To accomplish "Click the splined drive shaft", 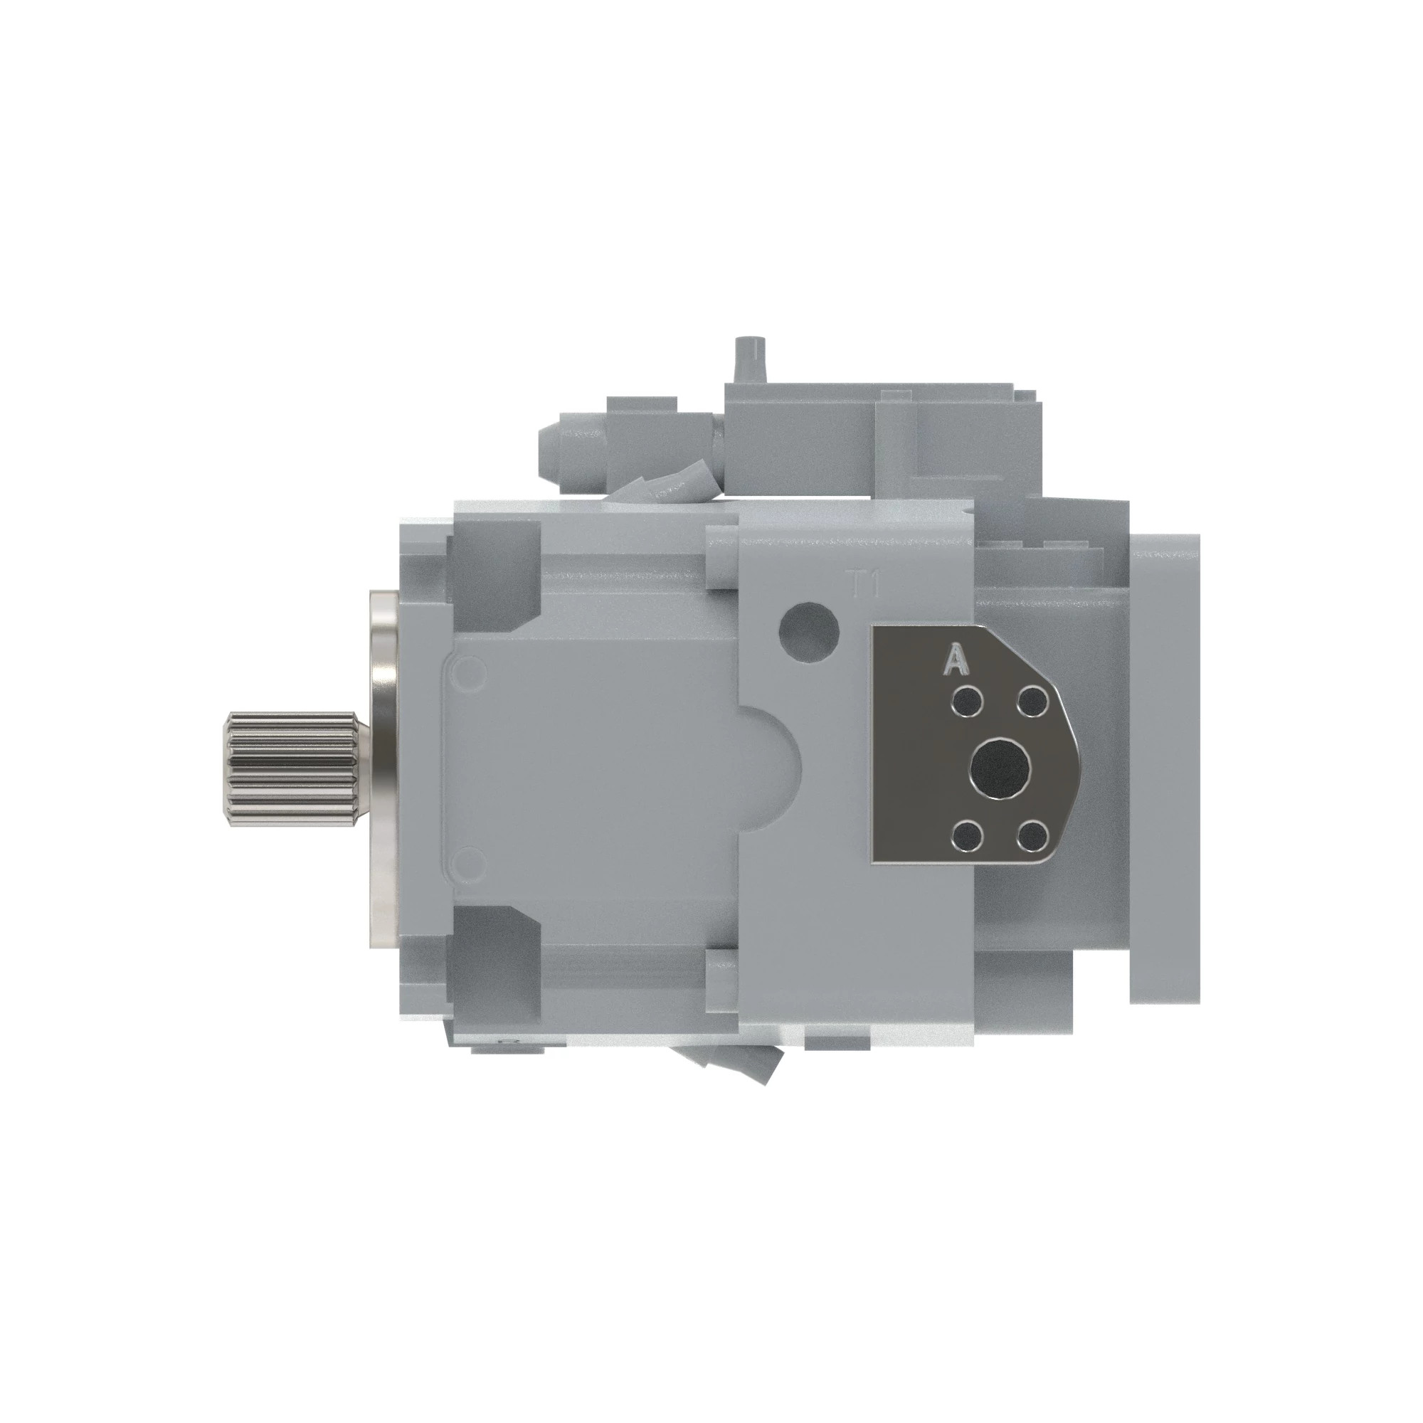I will [291, 768].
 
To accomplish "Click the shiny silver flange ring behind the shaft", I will [383, 768].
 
